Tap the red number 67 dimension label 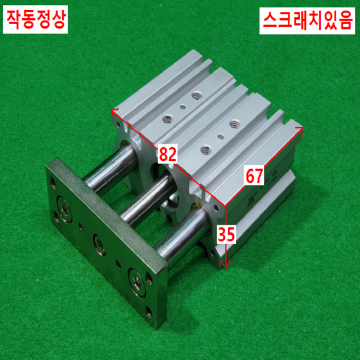tap(254, 176)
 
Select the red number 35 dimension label tap(226, 235)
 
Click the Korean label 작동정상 tap(35, 19)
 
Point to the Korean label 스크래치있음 tap(307, 20)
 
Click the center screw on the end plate tap(100, 245)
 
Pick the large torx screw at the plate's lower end tap(137, 282)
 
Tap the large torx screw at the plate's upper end tap(65, 209)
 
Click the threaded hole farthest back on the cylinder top tap(196, 96)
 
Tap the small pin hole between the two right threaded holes tap(221, 137)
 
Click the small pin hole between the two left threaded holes tap(182, 107)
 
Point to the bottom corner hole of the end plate tap(149, 313)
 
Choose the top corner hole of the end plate tap(53, 183)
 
